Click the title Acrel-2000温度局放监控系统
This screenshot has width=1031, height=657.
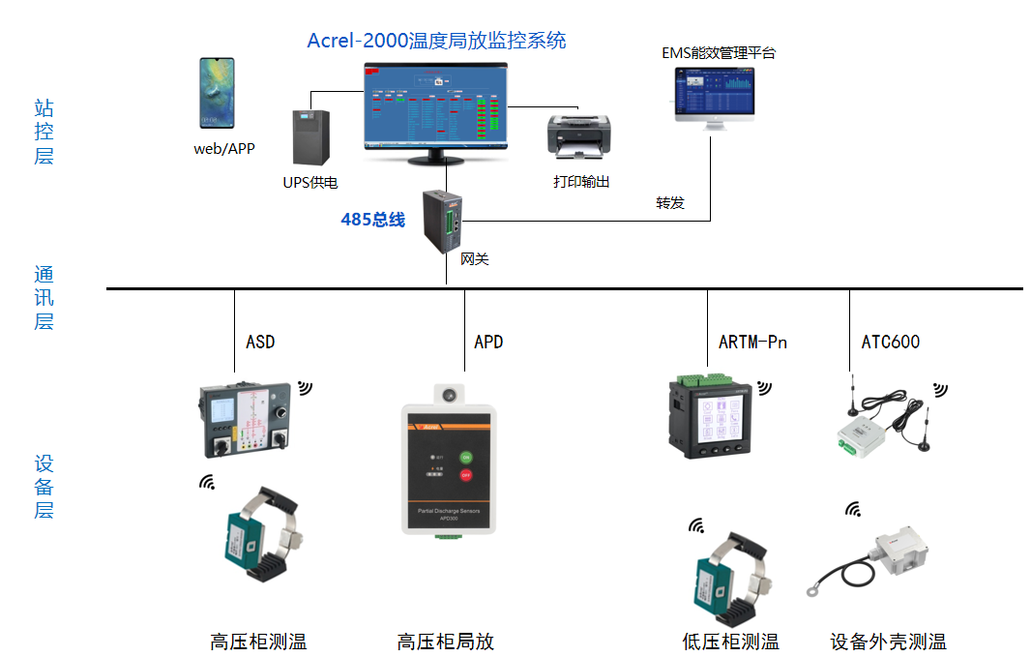pos(436,41)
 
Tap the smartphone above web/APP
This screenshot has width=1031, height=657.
pos(217,93)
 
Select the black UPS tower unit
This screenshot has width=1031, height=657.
pos(311,137)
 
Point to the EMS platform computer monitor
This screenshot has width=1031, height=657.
pos(715,93)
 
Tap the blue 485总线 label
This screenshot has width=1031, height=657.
pos(372,220)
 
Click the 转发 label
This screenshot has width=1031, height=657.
pos(670,203)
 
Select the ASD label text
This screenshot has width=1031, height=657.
pos(260,342)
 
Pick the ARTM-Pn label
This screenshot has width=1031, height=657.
pos(752,342)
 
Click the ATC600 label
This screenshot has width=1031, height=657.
pos(890,342)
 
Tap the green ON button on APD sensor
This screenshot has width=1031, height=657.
pos(465,456)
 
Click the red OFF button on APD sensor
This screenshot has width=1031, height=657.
pos(465,475)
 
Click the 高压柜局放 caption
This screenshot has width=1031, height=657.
pos(445,641)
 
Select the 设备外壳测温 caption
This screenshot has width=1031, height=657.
pos(888,641)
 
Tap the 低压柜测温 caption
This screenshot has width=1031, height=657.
pos(730,641)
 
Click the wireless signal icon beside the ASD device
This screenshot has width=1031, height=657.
pos(305,388)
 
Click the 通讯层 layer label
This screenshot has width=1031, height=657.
pos(44,297)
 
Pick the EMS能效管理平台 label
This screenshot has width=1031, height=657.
pos(718,53)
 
